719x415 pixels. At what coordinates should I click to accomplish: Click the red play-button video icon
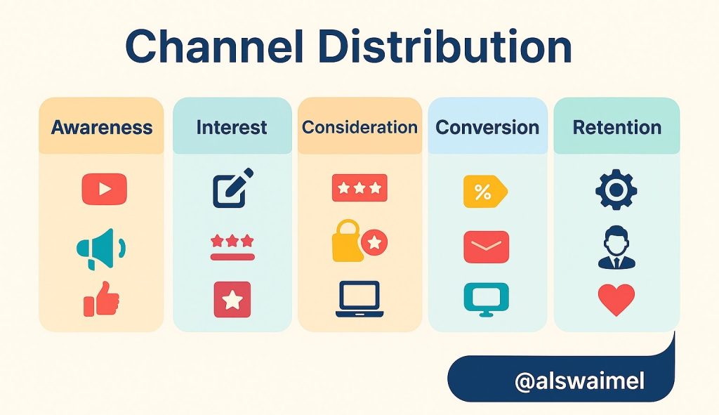[x=105, y=189]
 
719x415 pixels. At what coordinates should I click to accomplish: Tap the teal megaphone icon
[x=101, y=249]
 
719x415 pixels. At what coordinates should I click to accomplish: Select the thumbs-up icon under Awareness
[x=101, y=298]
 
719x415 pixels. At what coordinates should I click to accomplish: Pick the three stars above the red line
[x=232, y=240]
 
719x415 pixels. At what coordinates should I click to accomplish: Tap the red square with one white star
[x=232, y=299]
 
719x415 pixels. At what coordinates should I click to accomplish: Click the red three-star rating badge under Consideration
[x=359, y=187]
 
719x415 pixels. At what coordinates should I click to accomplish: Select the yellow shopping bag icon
[x=347, y=242]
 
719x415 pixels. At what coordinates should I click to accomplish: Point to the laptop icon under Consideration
[x=359, y=299]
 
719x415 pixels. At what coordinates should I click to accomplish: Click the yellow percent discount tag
[x=485, y=191]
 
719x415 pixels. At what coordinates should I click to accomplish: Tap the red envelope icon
[x=486, y=246]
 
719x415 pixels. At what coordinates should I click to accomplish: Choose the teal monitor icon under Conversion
[x=486, y=299]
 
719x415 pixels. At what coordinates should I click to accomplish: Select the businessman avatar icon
[x=616, y=248]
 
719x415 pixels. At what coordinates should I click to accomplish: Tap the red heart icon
[x=616, y=299]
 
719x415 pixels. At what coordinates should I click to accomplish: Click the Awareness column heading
[x=102, y=128]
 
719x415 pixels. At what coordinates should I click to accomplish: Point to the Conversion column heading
[x=487, y=128]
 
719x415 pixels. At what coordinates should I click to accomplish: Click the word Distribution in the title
[x=444, y=47]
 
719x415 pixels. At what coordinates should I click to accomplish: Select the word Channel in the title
[x=215, y=47]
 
